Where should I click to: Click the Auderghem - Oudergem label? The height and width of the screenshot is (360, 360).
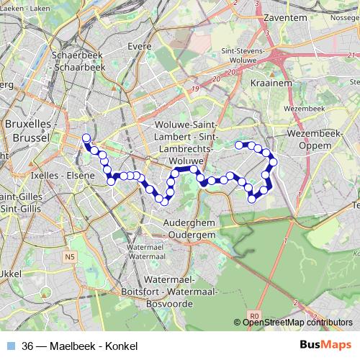point(189,229)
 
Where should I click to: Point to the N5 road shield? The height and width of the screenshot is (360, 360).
point(69,256)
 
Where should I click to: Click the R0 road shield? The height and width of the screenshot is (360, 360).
point(253,315)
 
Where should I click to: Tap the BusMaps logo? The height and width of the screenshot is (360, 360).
point(325,346)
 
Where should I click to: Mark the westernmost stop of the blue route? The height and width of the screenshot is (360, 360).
point(86,138)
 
